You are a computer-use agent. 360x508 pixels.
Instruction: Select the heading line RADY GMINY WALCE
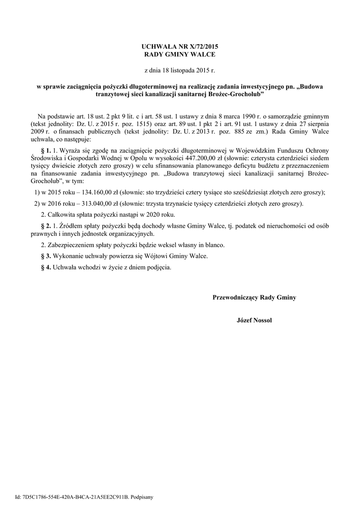[180, 54]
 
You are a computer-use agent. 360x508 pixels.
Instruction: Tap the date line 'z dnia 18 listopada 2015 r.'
[180, 70]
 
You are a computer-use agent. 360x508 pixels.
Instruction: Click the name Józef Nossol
[254, 320]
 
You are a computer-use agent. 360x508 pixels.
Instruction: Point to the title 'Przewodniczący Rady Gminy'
[254, 298]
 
